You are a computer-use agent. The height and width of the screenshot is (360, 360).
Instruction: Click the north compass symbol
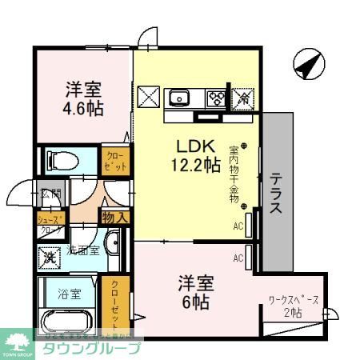tap(308, 63)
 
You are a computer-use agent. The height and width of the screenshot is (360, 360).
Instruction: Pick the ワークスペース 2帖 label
tap(294, 306)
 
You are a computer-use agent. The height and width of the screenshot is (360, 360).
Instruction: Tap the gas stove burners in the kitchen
tap(215, 98)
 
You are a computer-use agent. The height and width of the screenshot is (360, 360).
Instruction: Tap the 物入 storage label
tap(115, 215)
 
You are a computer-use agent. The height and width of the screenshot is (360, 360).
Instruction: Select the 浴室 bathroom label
tap(66, 293)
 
